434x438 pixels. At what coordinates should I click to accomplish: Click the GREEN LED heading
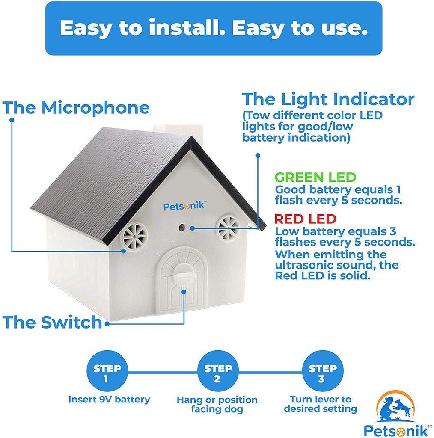click(x=315, y=178)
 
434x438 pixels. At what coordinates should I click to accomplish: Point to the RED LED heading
click(x=305, y=219)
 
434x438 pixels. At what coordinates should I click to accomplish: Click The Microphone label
click(x=76, y=108)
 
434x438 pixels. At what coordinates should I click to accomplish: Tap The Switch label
click(x=52, y=323)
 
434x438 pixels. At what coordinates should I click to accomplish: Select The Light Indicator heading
click(x=328, y=100)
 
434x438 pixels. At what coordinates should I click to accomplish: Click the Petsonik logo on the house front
click(x=184, y=206)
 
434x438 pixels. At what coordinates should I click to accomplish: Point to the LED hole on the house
click(x=182, y=227)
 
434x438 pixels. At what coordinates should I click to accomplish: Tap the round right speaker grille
click(x=228, y=228)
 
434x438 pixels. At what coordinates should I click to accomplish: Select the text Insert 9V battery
click(x=109, y=400)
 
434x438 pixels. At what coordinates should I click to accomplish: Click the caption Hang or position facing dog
click(x=217, y=405)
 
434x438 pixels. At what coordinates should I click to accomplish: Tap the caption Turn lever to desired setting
click(x=321, y=404)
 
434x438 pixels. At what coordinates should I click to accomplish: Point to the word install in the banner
click(x=187, y=28)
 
